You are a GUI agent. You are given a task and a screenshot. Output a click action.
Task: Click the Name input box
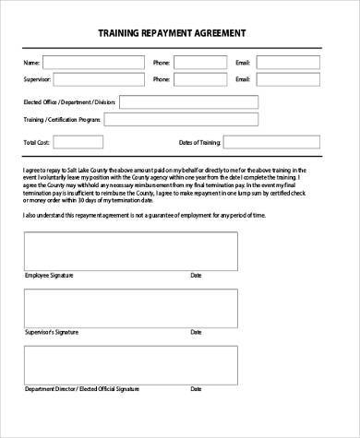point(92,63)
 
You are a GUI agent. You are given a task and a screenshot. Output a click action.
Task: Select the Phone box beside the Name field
point(201,63)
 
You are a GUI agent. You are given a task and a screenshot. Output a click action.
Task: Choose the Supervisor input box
point(92,80)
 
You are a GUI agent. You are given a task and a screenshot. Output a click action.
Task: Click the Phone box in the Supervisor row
point(201,80)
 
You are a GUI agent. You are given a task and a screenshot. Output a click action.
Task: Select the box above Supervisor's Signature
point(132,306)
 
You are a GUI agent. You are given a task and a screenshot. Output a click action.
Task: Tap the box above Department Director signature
point(132,363)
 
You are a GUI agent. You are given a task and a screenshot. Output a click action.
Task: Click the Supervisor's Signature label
point(46,331)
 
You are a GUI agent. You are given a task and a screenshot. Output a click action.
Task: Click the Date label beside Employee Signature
point(196,276)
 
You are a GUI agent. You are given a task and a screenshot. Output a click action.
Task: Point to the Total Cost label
point(36,143)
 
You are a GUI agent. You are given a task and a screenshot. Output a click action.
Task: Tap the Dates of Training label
point(199,143)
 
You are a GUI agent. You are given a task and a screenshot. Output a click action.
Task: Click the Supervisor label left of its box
point(36,80)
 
